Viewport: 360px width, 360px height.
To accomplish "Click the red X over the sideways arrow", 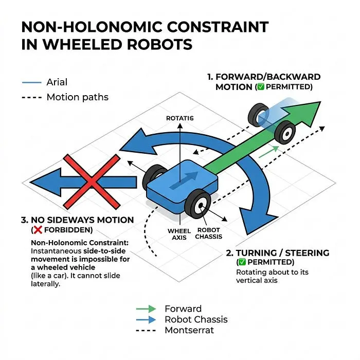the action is [92, 182].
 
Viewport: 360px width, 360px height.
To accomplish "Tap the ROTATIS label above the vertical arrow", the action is [180, 118].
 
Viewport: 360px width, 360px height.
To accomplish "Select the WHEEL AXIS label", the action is [179, 234].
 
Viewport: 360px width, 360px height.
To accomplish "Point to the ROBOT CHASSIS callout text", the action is [209, 233].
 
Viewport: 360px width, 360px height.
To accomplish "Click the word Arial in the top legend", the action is [57, 82].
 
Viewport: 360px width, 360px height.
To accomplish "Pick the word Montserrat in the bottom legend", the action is [189, 330].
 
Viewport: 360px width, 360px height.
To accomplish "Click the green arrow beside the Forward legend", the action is [146, 309].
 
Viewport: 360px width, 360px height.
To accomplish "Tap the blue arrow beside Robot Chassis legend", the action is [146, 319].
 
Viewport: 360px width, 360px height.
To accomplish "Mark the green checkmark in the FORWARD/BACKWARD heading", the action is [261, 87].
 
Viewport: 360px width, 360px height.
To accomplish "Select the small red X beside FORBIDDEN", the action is [38, 230].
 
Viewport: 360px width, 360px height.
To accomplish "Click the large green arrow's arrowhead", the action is [303, 113].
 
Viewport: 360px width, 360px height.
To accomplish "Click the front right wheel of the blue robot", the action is [197, 204].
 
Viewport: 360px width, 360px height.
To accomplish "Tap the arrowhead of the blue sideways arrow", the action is [46, 182].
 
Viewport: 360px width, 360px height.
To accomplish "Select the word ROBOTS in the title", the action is [159, 44].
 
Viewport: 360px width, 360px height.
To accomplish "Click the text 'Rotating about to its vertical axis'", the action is [272, 276].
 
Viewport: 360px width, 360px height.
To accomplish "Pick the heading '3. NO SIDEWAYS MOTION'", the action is [77, 220].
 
